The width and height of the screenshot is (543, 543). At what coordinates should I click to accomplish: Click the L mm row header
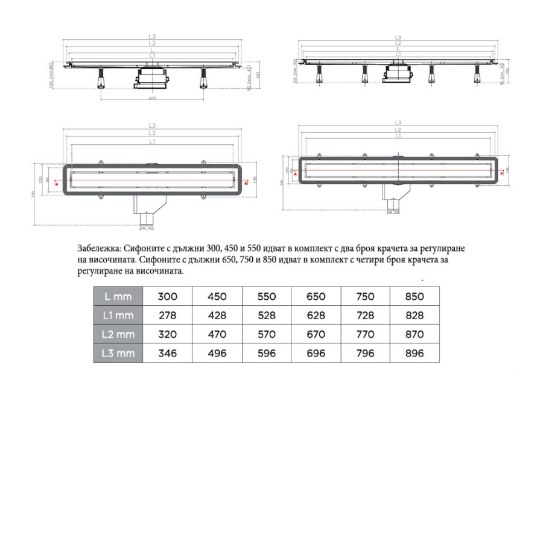118,296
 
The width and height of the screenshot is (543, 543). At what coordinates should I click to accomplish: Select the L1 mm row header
118,315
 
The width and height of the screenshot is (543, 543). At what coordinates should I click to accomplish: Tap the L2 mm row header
118,334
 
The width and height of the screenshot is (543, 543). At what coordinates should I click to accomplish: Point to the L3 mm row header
118,354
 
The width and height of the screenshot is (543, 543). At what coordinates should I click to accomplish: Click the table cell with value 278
167,315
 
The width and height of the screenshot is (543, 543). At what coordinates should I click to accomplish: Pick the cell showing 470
217,334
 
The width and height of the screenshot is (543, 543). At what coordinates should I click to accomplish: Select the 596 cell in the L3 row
266,354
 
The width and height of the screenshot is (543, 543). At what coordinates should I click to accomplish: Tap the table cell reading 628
316,315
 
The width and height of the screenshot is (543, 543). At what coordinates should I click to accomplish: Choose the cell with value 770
365,334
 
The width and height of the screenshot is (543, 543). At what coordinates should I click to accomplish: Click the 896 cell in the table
414,354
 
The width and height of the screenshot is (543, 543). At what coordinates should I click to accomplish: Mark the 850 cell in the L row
414,296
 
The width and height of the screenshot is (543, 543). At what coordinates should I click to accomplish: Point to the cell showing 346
167,354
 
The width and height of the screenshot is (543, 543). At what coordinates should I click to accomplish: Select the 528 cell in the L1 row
266,315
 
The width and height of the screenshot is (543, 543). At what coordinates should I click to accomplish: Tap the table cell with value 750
365,296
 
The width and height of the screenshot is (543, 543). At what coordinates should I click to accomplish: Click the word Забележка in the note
99,249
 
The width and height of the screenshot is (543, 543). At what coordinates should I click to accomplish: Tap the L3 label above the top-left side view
152,37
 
